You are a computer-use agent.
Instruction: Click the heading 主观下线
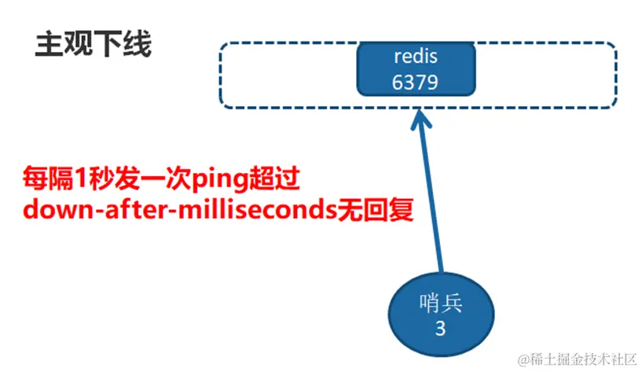(94, 45)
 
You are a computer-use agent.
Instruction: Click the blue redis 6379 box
(415, 70)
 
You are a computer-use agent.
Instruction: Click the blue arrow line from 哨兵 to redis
(431, 204)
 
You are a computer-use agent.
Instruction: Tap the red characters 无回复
(384, 211)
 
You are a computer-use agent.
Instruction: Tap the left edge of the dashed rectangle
(220, 74)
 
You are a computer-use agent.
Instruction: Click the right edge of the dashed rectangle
(617, 74)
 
